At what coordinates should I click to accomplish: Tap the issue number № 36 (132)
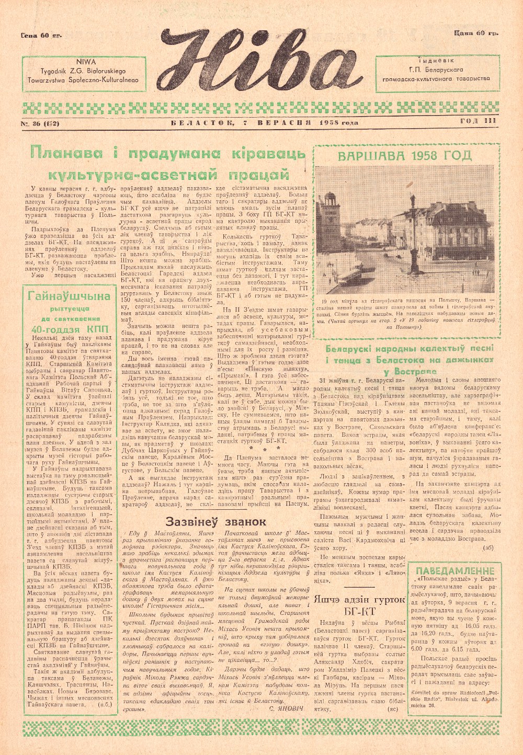coord(40,123)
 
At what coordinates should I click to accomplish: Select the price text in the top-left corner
coord(41,36)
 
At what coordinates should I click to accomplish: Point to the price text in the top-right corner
coord(476,33)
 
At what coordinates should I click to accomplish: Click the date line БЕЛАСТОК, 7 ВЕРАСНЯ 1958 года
coord(264,123)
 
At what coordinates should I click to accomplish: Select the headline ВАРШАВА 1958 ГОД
coord(404,156)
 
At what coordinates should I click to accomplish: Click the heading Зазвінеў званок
coord(215,522)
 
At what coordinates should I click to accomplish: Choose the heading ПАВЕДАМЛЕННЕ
coord(454,570)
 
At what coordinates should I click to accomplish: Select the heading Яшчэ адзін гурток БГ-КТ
coord(361,605)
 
